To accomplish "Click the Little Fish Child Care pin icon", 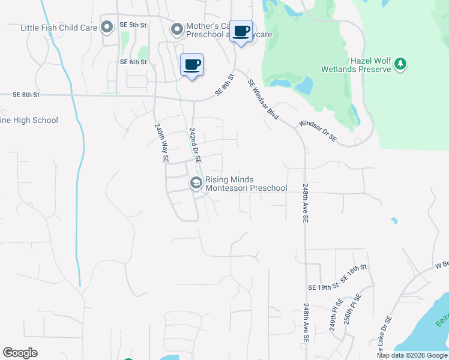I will click(107, 28).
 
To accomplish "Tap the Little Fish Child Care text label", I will click(59, 28).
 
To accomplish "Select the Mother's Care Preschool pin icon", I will click(176, 29).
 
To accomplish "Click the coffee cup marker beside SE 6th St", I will click(191, 65).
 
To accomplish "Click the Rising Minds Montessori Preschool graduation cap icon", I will click(196, 184).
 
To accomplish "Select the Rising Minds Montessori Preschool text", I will click(246, 184).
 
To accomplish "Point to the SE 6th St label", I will click(133, 62).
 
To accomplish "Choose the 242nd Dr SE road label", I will click(196, 145).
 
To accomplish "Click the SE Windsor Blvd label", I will click(264, 100).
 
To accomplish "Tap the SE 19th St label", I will click(319, 287).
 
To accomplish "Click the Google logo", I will click(20, 353).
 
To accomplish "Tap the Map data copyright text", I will click(412, 355).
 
